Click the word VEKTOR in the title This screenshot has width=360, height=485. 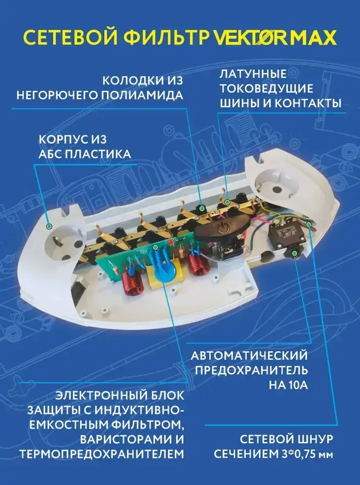[x=252, y=38]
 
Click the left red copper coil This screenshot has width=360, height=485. [x=132, y=283]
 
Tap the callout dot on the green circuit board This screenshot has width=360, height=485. [x=155, y=248]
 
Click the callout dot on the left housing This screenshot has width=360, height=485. [x=49, y=226]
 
